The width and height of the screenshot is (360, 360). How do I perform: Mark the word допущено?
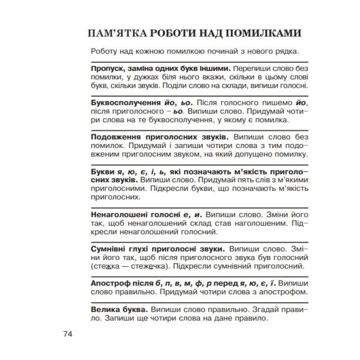click(242, 154)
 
